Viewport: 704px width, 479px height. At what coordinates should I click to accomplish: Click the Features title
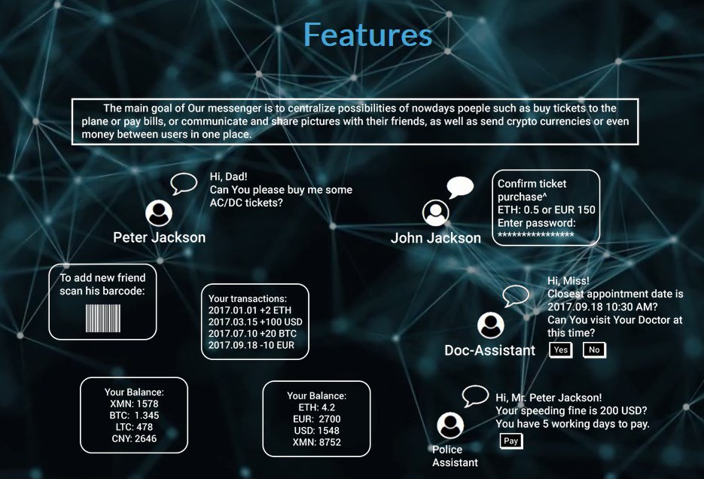(x=367, y=35)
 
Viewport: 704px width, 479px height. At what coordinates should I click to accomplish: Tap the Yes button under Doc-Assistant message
(x=561, y=349)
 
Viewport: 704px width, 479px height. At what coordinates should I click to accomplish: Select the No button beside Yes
(x=594, y=349)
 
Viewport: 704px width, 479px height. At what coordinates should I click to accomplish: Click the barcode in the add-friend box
(x=102, y=318)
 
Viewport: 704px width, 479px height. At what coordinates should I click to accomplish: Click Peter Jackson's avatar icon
(x=159, y=213)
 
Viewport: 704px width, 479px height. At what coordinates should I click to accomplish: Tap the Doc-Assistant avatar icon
(x=491, y=325)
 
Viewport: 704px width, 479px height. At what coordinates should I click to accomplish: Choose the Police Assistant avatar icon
(x=450, y=426)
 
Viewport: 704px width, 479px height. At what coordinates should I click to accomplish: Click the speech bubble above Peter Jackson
(x=183, y=183)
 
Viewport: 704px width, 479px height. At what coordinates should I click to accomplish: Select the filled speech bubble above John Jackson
(x=459, y=187)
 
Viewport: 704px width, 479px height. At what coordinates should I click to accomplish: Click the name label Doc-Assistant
(x=489, y=350)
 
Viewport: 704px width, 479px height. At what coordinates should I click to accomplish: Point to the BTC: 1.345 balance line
(x=133, y=415)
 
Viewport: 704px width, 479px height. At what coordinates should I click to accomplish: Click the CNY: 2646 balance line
(x=133, y=438)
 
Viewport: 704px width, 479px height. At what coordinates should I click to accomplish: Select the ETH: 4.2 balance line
(x=316, y=407)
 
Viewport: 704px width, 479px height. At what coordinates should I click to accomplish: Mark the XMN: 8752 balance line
(x=316, y=442)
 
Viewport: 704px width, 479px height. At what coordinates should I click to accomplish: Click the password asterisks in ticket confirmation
(x=536, y=235)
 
